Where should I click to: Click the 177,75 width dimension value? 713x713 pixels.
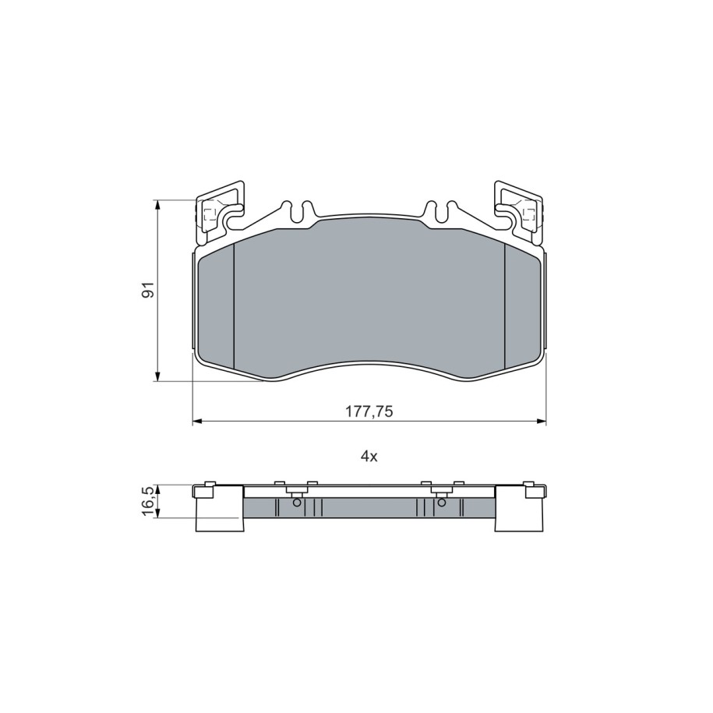(369, 411)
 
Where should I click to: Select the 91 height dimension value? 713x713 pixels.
(149, 290)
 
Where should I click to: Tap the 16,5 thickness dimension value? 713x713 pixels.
(149, 502)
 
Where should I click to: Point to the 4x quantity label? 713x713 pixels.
(369, 457)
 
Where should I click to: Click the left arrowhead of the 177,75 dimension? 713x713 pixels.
(197, 422)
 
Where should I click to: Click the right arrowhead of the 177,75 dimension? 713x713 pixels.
(542, 422)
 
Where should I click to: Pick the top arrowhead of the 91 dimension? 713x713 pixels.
(157, 205)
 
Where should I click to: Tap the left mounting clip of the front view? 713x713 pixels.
(220, 211)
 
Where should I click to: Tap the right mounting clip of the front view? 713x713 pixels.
(518, 211)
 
